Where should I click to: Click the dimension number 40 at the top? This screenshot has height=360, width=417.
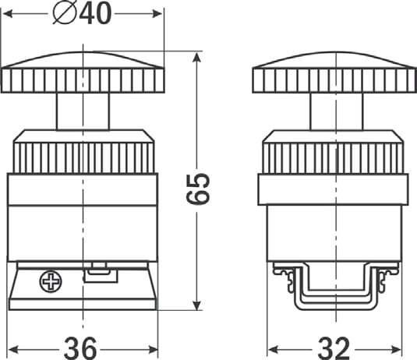pos(95,14)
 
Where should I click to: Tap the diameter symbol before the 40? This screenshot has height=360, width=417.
pos(65,14)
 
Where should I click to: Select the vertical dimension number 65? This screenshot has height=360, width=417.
pos(198,189)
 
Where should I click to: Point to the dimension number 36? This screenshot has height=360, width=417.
pos(80,348)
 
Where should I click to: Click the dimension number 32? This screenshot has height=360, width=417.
pos(334,348)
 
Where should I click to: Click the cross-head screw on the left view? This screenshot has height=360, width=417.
pos(51,282)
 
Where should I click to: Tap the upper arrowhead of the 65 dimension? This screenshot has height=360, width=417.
pos(196,57)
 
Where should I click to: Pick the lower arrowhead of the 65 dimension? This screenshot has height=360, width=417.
pos(196,305)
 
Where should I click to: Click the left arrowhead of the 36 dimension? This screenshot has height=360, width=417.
pos(14,350)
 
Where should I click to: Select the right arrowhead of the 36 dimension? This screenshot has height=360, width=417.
pos(153,350)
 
